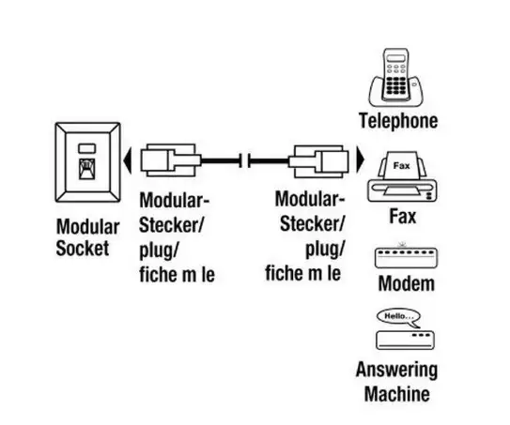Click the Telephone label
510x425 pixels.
click(398, 121)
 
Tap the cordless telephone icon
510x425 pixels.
click(396, 78)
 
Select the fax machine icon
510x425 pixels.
click(402, 176)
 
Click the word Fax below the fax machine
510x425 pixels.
click(403, 217)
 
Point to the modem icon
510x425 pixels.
click(406, 256)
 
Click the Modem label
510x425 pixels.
click(407, 283)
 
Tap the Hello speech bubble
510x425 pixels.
click(399, 318)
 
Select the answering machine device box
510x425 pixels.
click(405, 341)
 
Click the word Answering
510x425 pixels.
click(396, 370)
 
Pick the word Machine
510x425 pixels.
click(397, 394)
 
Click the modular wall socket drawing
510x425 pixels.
click(88, 162)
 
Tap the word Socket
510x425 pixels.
click(83, 249)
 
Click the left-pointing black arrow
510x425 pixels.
click(128, 160)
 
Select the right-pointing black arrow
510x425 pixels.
click(361, 159)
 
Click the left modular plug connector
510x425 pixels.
click(171, 160)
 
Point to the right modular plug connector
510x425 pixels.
click(318, 161)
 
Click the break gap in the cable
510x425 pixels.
click(244, 160)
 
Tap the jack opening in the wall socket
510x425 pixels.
click(87, 169)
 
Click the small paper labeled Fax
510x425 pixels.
click(402, 165)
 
